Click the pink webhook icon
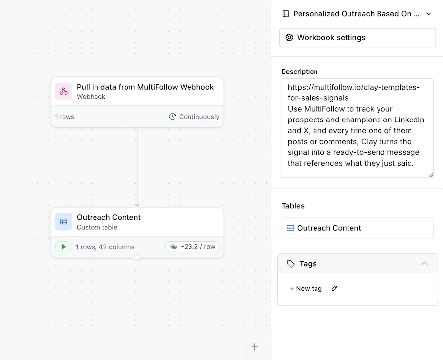coord(63,91)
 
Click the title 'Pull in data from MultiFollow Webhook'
coord(145,87)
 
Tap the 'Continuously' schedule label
coord(199,117)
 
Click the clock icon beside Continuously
coord(173,117)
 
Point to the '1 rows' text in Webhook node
coord(64,117)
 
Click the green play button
coord(63,247)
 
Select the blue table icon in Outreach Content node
coord(63,222)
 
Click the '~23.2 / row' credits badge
coord(192,247)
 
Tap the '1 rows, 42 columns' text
coord(105,247)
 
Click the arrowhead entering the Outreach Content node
coord(137,205)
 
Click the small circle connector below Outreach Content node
coord(137,258)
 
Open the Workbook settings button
coord(357,37)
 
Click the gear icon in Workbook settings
coord(289,37)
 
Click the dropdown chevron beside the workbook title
coord(429,14)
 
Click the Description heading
coord(299,72)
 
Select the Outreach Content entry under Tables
coord(357,228)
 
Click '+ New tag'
coord(306,289)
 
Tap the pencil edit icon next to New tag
coord(335,288)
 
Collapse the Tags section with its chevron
coord(424,264)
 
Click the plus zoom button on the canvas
coord(254,347)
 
